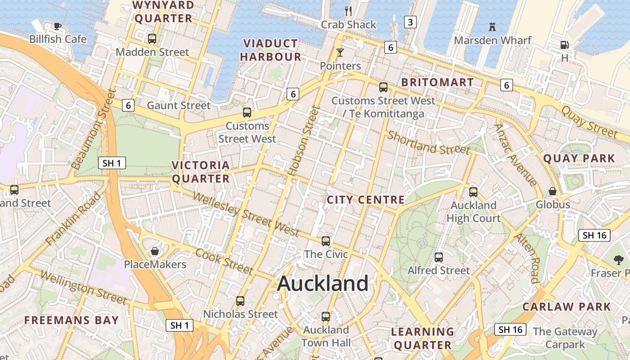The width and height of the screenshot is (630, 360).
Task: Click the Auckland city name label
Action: [323, 283]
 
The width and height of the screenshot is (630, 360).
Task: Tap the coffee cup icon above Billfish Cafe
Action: [58, 26]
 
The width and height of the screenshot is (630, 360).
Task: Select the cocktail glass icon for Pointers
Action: [340, 53]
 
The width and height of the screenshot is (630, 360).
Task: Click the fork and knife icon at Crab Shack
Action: [348, 11]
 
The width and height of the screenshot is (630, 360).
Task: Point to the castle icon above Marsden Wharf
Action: [492, 27]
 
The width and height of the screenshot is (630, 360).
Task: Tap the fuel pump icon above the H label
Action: [564, 45]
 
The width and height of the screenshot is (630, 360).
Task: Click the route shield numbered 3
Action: [410, 22]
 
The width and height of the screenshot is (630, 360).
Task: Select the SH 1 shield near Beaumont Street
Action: [112, 163]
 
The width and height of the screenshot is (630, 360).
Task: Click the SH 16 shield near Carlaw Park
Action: [511, 329]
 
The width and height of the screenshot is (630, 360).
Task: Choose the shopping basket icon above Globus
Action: [553, 191]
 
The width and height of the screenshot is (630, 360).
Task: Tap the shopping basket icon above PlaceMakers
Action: [155, 251]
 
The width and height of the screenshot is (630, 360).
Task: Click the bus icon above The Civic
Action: [326, 241]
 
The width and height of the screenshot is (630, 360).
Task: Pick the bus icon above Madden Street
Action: [152, 39]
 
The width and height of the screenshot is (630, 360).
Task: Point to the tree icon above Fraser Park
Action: [618, 260]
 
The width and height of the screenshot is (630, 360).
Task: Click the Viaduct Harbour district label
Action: [270, 50]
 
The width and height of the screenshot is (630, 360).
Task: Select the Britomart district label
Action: [437, 82]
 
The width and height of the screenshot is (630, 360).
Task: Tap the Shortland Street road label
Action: [428, 143]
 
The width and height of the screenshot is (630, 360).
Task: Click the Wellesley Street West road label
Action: [246, 214]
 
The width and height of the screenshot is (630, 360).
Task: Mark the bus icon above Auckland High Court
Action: [473, 192]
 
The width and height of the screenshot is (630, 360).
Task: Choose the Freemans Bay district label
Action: [72, 320]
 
